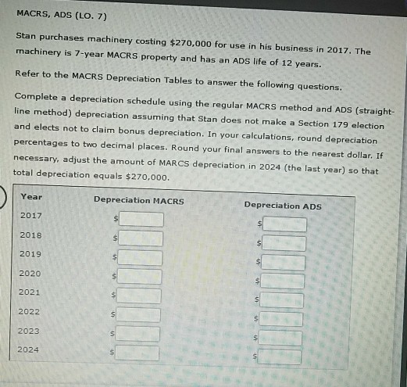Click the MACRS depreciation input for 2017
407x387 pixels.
click(141, 218)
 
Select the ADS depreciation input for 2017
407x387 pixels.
click(284, 224)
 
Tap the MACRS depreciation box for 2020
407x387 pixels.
click(140, 276)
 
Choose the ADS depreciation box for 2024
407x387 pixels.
click(280, 357)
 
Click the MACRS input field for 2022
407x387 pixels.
click(139, 315)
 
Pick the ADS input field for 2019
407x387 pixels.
click(283, 263)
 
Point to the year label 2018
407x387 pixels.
click(31, 235)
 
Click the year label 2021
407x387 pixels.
click(30, 292)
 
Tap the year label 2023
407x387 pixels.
click(30, 331)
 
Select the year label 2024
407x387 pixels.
click(30, 349)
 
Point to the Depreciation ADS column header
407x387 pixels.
click(283, 206)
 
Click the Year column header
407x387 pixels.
click(31, 196)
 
